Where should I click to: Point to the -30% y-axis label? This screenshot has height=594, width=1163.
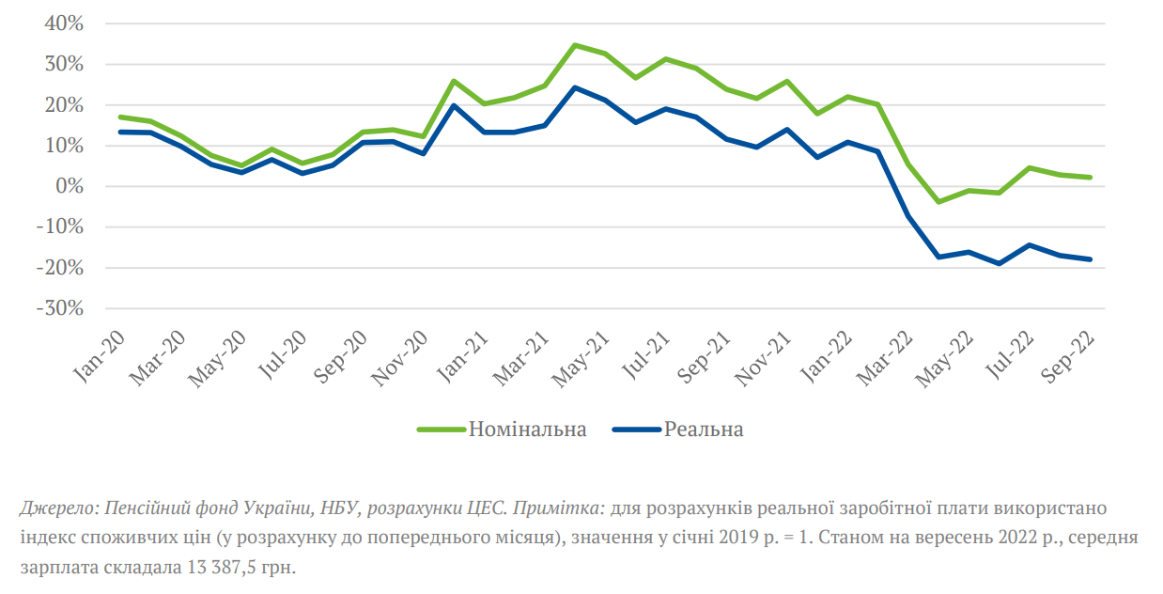point(61,308)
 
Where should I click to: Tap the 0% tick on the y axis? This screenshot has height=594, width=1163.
point(71,186)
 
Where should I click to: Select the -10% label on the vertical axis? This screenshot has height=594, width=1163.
point(61,227)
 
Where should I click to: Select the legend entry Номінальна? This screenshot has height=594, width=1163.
point(527,430)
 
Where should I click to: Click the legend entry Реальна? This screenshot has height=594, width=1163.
point(704,430)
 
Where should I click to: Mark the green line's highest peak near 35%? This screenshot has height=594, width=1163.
point(575,45)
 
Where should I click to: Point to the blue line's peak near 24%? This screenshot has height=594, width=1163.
point(575,88)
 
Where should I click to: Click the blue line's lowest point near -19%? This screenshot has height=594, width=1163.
point(999,263)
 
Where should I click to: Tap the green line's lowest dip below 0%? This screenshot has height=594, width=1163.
point(938,202)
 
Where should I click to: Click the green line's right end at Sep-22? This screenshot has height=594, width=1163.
point(1090,177)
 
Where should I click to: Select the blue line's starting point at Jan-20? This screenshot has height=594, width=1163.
point(120,132)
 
